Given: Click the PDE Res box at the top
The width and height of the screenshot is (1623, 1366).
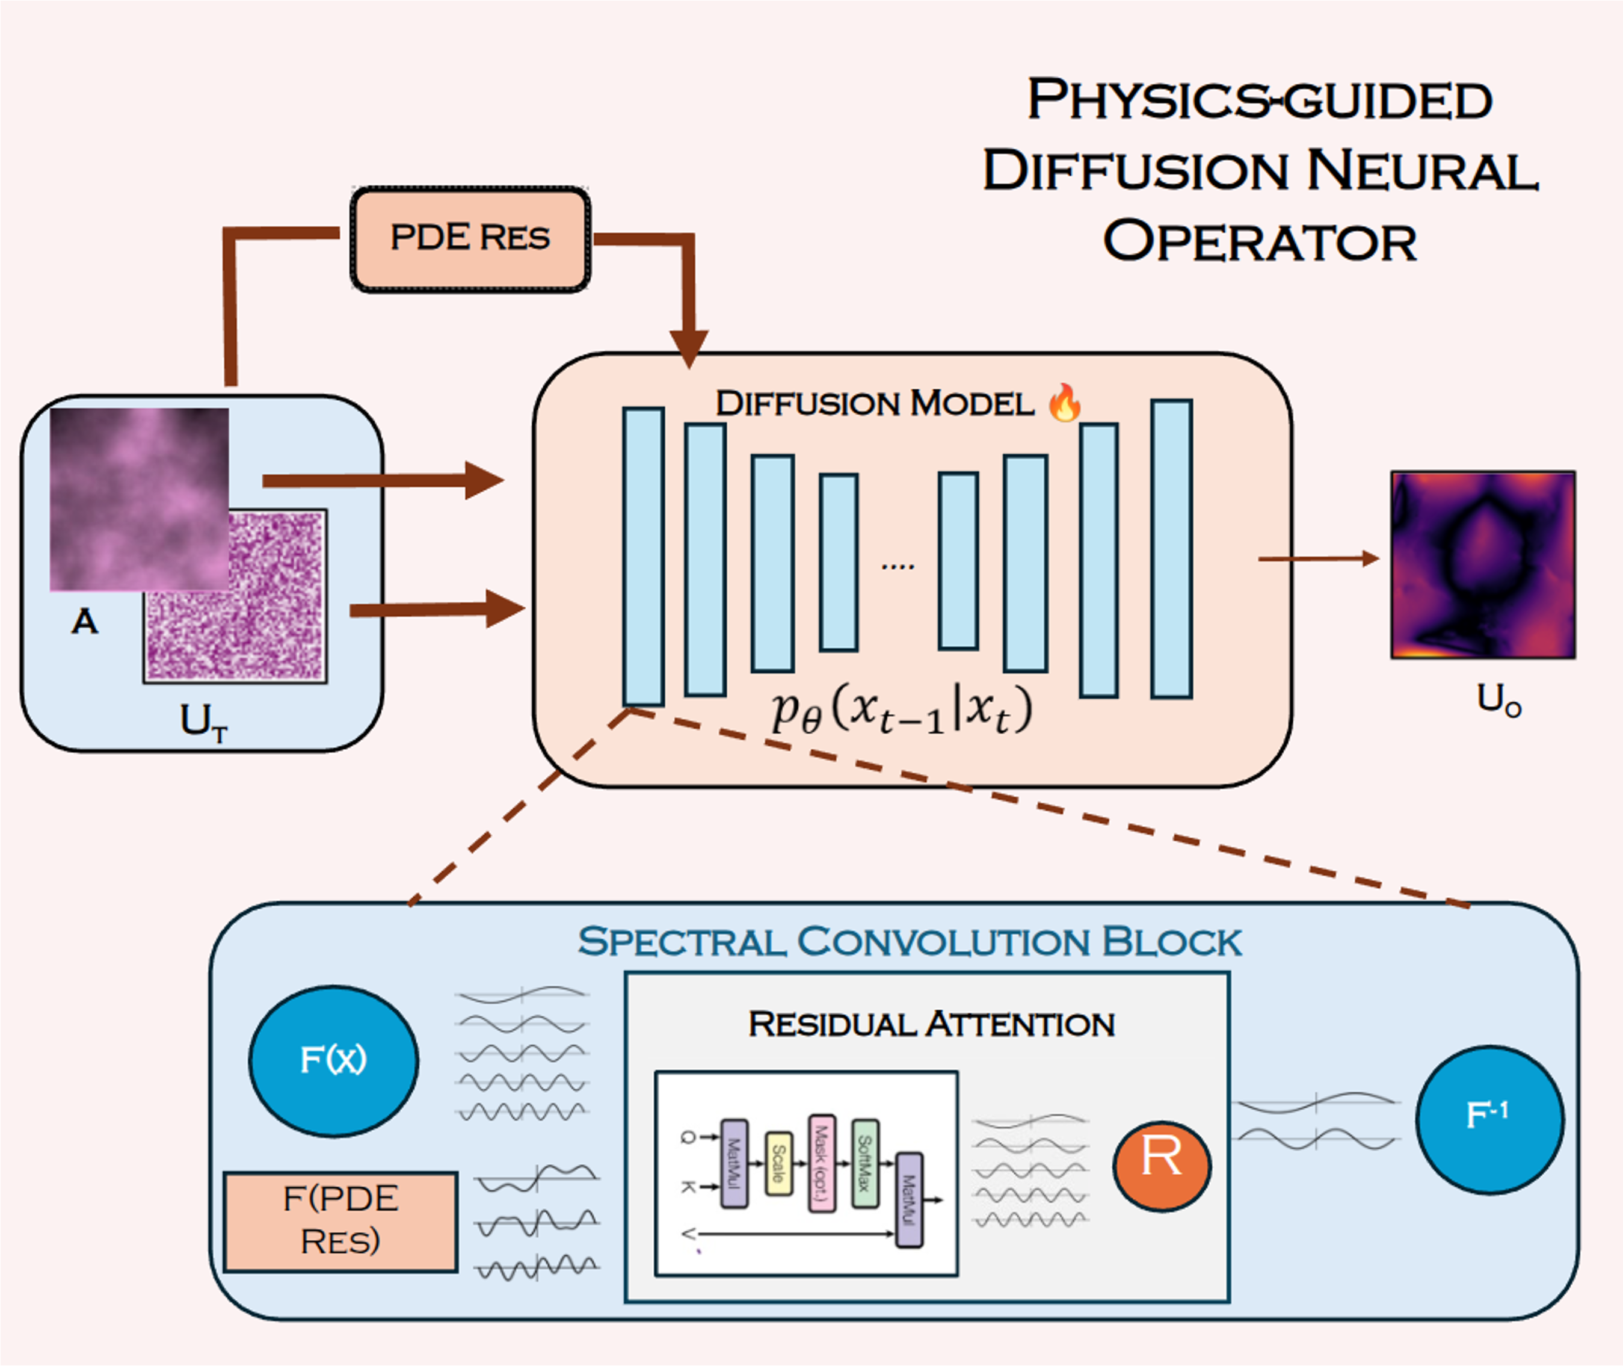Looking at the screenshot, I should point(470,238).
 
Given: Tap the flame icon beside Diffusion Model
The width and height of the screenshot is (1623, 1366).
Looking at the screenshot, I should point(1064,403).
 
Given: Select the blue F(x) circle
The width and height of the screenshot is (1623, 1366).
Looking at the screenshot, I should point(334,1061).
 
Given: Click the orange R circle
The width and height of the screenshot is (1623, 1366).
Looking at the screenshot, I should point(1162,1166).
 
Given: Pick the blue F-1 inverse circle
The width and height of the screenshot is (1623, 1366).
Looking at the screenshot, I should point(1489,1118).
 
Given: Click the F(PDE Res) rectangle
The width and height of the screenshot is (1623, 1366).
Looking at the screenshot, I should point(340,1221).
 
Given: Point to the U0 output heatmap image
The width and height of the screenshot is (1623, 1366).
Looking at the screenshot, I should point(1482,564).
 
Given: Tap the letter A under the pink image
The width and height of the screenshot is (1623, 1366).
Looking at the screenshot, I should point(84,622).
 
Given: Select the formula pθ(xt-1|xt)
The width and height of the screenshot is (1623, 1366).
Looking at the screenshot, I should point(902,711).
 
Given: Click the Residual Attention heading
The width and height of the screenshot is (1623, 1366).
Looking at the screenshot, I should point(931,1024).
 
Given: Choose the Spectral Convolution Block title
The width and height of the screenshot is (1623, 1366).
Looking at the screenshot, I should point(910,942).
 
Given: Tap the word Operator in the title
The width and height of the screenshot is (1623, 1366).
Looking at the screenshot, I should point(1259,241).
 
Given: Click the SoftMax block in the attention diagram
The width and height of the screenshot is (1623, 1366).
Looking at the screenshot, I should point(864,1163).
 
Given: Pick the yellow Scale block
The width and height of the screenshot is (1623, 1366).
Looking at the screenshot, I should point(778,1163).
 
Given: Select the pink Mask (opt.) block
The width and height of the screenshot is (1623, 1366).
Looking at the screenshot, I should point(821,1163).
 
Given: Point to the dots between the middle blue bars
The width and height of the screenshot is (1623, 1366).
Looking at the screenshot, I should point(898,567).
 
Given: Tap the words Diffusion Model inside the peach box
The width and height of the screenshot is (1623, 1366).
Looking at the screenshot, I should point(875,403).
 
